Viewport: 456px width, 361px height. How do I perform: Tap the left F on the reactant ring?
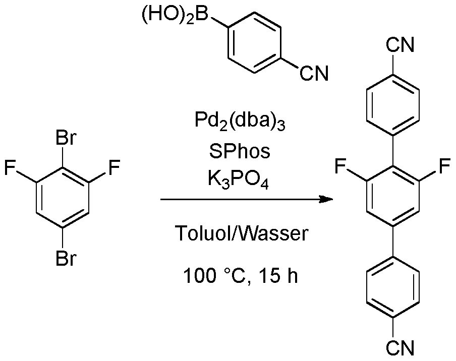coord(10,168)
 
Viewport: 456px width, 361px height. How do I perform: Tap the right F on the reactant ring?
coord(114,168)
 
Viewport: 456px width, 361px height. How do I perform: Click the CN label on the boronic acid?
coord(314,73)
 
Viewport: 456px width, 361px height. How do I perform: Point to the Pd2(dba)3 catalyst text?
coord(240,122)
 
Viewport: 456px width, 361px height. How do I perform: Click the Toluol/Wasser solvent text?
coord(241,233)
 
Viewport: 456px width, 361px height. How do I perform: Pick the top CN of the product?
coord(400,45)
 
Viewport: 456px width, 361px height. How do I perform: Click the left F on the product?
coord(340,166)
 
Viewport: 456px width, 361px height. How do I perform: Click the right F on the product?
coord(445,166)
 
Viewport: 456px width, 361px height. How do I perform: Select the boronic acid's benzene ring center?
coord(254,42)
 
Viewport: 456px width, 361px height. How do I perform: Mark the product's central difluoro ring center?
coord(393,196)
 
